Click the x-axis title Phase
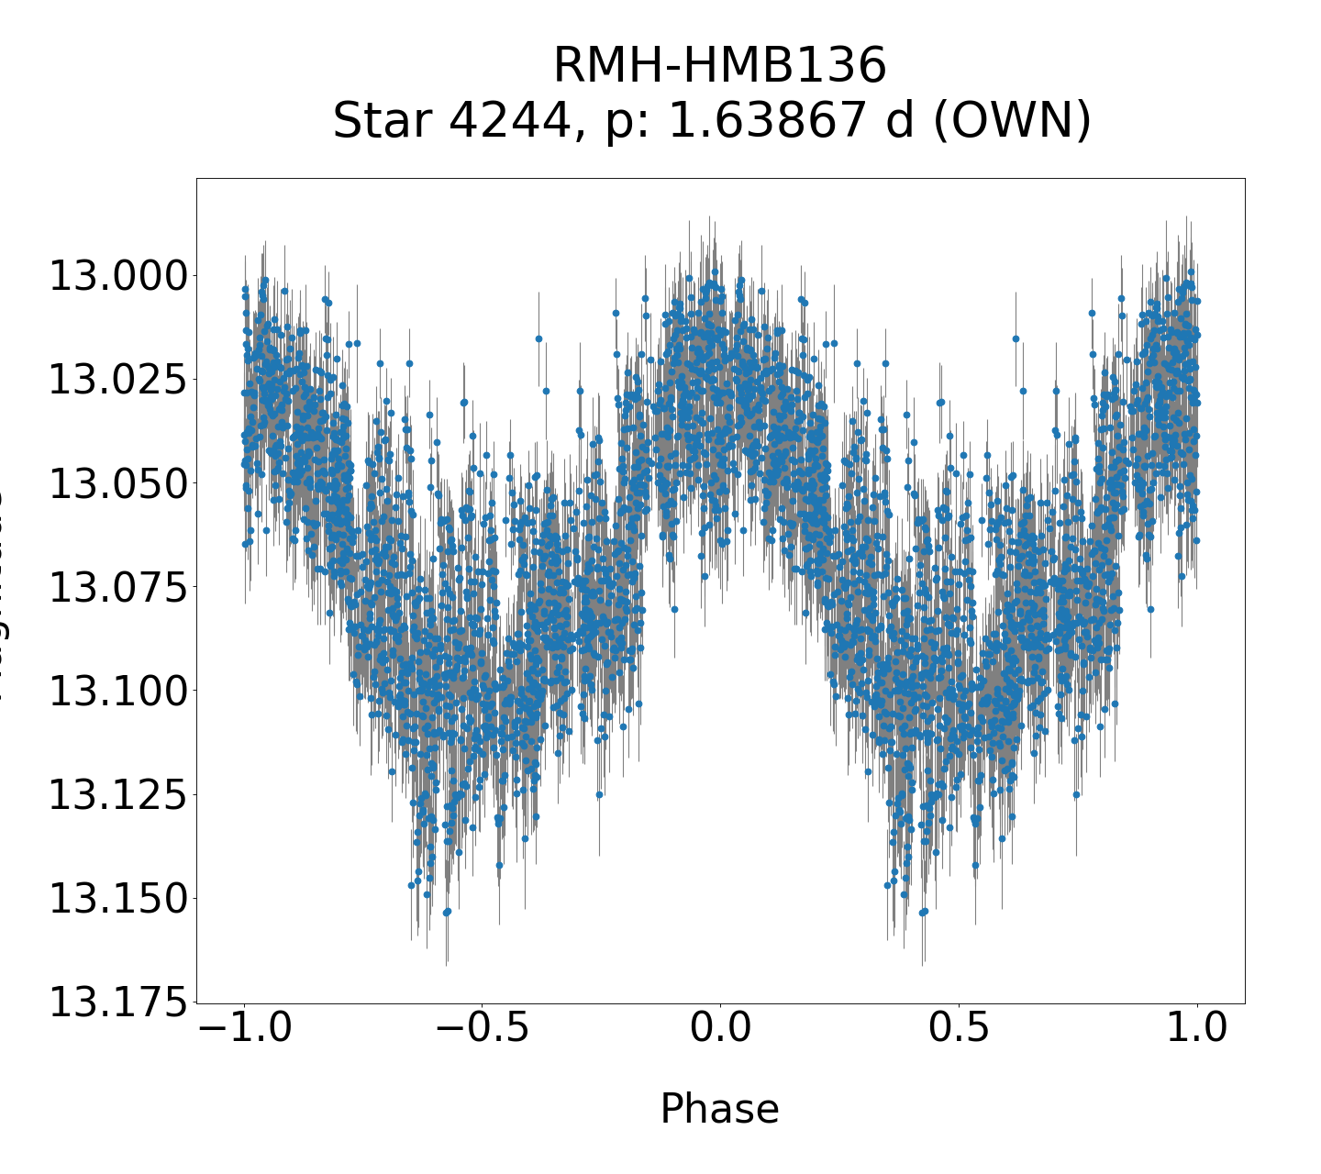(720, 1109)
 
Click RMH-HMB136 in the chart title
(720, 66)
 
